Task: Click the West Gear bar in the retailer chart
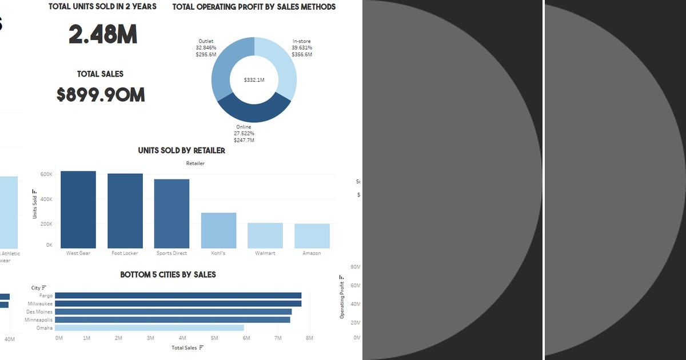coord(78,210)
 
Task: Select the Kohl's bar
coord(218,231)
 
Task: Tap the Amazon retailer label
coord(312,253)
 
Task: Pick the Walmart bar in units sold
coord(265,235)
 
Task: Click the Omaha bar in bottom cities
coord(149,328)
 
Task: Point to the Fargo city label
coord(46,295)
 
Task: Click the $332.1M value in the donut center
coord(254,80)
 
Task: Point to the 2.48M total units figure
coord(103,35)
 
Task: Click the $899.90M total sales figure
coord(101,95)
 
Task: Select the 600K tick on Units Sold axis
coord(46,174)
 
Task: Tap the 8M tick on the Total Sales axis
coord(309,338)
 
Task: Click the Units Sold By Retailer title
coord(181,151)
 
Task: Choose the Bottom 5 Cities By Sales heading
coord(167,275)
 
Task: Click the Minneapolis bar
coord(172,320)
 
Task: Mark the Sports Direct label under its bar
coord(171,253)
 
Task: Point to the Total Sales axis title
coord(185,347)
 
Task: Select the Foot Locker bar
coord(125,211)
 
